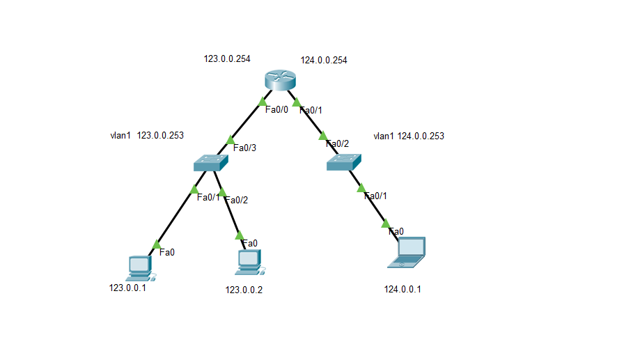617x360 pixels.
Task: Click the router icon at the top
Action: pos(280,80)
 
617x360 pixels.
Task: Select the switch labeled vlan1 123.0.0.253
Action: pos(210,163)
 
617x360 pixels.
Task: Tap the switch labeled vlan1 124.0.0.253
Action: pos(344,162)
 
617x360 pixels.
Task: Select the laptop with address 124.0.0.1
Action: pos(407,252)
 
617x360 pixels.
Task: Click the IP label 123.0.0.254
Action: pos(227,59)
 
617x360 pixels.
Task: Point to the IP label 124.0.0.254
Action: pos(324,60)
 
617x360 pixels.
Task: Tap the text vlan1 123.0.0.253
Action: pos(147,136)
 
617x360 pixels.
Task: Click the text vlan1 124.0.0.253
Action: pos(409,136)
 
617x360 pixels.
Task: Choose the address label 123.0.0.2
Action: pos(244,290)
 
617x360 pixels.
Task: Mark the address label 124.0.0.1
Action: pos(403,289)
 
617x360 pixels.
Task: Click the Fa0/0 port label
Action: pos(276,109)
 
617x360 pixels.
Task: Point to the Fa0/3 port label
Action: pos(244,148)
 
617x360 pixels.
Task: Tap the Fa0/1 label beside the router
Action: pos(311,110)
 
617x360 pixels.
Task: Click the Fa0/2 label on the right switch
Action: pos(338,144)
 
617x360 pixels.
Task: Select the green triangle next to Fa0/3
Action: pos(231,139)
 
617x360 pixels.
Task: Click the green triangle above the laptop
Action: pos(385,224)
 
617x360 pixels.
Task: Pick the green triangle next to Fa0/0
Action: pos(263,102)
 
